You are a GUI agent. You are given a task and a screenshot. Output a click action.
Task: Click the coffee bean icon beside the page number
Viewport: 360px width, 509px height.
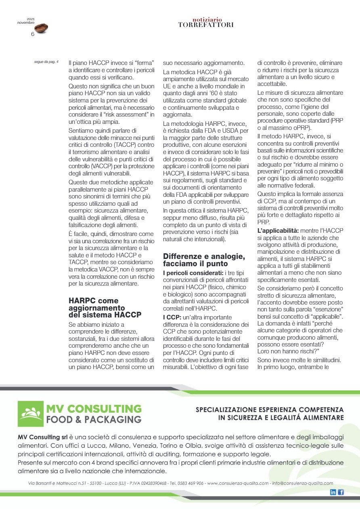coord(41,28)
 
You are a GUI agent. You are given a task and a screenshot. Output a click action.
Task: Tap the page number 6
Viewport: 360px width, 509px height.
coord(33,34)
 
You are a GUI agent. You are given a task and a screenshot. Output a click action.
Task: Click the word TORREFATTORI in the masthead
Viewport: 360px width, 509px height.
coord(206,25)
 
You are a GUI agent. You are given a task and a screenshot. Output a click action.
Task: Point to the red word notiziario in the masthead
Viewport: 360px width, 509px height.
coord(206,19)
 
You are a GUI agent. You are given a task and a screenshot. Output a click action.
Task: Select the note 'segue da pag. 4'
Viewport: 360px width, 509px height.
coord(46,62)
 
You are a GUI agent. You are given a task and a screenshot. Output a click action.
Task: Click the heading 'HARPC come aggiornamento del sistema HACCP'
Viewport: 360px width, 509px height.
coord(105,307)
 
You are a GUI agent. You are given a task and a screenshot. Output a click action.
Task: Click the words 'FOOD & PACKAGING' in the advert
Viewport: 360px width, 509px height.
coord(94,419)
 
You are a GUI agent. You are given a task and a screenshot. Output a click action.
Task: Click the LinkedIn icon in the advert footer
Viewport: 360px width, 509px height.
coord(333,492)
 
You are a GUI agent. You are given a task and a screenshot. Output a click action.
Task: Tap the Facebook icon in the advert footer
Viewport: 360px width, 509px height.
coord(341,492)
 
